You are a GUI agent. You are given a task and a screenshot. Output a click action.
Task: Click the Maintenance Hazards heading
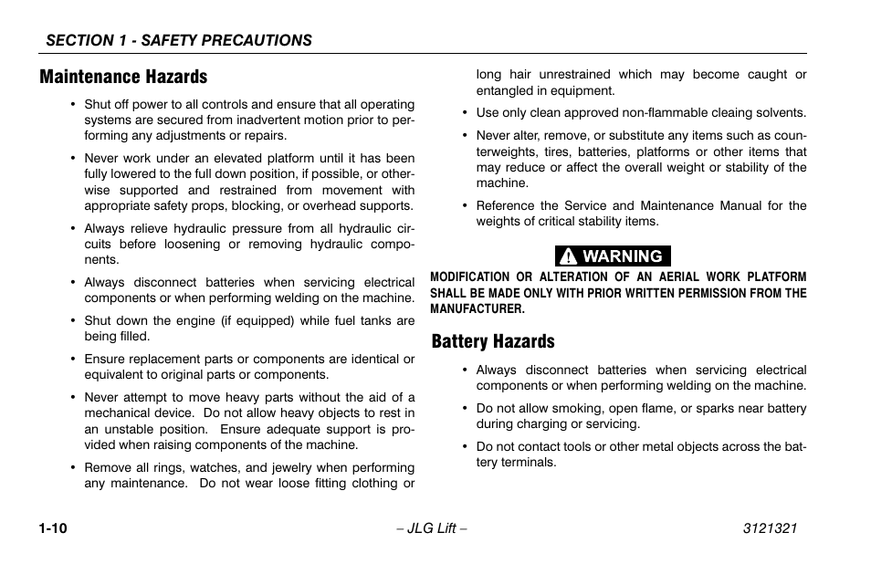coord(123,77)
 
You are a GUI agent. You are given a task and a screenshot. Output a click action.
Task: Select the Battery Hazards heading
coord(493,341)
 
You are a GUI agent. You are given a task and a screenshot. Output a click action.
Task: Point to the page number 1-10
coord(55,529)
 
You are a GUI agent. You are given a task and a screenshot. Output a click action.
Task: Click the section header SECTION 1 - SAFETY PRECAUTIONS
coord(179,40)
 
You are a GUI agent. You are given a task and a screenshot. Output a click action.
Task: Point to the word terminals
coord(528,462)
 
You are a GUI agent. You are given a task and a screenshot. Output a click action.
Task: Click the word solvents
coord(779,113)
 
